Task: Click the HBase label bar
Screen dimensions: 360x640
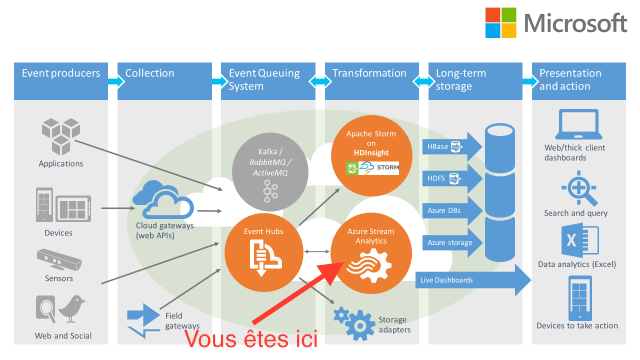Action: click(443, 147)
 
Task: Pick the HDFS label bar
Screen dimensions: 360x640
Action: click(443, 178)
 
